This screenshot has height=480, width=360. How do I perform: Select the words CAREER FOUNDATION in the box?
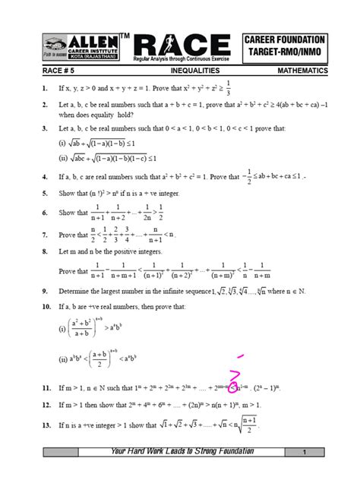[x=286, y=39]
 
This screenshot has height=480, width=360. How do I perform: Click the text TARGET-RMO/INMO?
[x=286, y=53]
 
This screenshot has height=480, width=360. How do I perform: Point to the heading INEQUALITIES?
[x=195, y=70]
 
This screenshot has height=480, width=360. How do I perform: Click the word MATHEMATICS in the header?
[x=302, y=70]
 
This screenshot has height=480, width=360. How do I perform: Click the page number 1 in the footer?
[x=303, y=453]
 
